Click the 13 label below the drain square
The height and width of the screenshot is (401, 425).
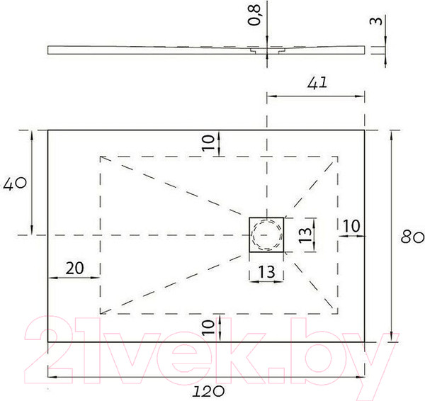click(x=266, y=270)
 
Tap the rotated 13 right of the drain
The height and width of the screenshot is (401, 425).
click(x=305, y=234)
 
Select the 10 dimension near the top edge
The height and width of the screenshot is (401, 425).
click(x=208, y=142)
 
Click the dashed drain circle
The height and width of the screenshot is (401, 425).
click(x=266, y=235)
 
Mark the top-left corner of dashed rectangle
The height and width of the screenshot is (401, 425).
click(x=101, y=156)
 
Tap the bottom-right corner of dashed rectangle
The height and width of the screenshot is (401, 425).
click(x=337, y=312)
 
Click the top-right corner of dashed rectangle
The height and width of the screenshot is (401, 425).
click(x=337, y=156)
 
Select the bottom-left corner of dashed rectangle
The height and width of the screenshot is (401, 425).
click(x=101, y=312)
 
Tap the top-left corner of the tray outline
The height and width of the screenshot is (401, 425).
click(x=48, y=130)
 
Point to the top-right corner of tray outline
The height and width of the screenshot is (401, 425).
click(x=365, y=130)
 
